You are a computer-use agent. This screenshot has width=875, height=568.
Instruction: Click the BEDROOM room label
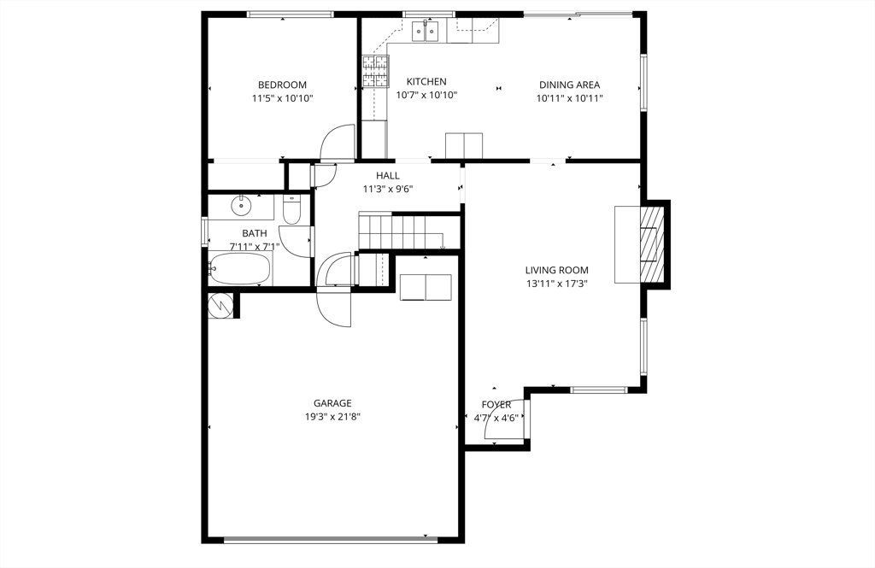(x=282, y=85)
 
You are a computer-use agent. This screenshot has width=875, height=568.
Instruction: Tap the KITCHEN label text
(x=426, y=82)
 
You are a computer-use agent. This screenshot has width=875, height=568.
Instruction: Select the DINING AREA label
(x=569, y=85)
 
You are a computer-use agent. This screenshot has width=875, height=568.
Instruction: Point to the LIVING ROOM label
(x=556, y=270)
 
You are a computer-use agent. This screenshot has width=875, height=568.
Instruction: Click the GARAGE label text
(x=332, y=403)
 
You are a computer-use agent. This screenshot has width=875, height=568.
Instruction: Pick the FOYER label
(x=496, y=404)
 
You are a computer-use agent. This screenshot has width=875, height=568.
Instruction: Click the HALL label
(x=388, y=176)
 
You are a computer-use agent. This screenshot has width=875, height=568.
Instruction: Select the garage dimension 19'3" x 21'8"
(x=332, y=418)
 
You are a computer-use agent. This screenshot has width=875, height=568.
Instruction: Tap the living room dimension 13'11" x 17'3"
(x=556, y=284)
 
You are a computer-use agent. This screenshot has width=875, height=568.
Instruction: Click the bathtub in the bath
(x=239, y=269)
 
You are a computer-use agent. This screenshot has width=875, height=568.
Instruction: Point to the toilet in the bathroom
(x=291, y=210)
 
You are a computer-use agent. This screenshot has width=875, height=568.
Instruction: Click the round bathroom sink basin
(x=243, y=205)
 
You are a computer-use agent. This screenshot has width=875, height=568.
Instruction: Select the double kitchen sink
(x=425, y=32)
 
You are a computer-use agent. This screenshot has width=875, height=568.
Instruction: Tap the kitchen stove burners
(x=375, y=72)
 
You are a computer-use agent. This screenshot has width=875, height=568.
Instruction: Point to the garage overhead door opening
(x=331, y=538)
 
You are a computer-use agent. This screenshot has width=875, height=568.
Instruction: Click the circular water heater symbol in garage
(x=221, y=305)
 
